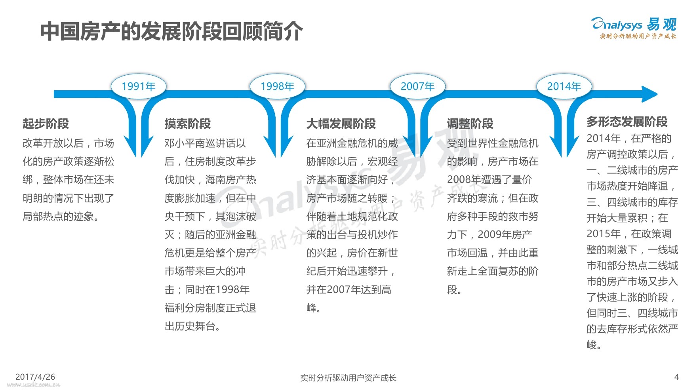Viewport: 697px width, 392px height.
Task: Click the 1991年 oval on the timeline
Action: pyautogui.click(x=139, y=86)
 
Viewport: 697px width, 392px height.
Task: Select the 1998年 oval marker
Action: pyautogui.click(x=277, y=86)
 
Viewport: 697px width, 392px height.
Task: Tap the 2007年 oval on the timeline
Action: pyautogui.click(x=417, y=86)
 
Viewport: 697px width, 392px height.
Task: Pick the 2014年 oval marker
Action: pyautogui.click(x=564, y=86)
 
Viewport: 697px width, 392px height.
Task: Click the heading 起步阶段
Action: pyautogui.click(x=46, y=124)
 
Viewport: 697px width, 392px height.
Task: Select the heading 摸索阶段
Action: pyautogui.click(x=187, y=124)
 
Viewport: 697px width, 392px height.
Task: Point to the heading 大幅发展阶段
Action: pyautogui.click(x=341, y=124)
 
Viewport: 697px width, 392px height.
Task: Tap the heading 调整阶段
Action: pyautogui.click(x=470, y=124)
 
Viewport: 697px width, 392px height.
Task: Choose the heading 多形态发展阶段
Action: pyautogui.click(x=627, y=122)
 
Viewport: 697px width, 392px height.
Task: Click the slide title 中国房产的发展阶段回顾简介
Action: pyautogui.click(x=171, y=31)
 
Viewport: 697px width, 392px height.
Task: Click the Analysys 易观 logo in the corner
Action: pyautogui.click(x=634, y=25)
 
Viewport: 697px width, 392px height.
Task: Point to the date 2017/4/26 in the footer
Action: pyautogui.click(x=35, y=377)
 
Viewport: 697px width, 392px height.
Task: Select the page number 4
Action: pyautogui.click(x=676, y=377)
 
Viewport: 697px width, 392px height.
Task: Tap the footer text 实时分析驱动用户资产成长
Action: pyautogui.click(x=348, y=378)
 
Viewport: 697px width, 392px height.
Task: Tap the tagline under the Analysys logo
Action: pyautogui.click(x=638, y=36)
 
